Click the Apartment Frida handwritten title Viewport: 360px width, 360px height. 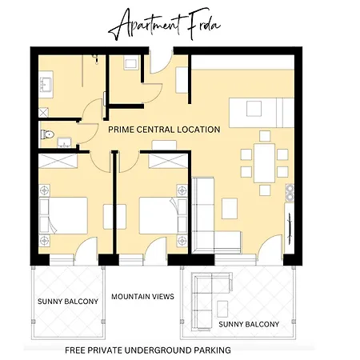pyautogui.click(x=164, y=25)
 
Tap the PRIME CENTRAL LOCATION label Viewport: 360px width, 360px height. pyautogui.click(x=164, y=130)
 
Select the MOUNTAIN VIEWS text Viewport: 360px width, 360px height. pyautogui.click(x=142, y=297)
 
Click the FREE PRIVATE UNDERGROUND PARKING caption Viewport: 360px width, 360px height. pyautogui.click(x=148, y=350)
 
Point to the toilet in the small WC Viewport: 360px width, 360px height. pyautogui.click(x=47, y=134)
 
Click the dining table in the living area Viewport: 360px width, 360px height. pyautogui.click(x=264, y=163)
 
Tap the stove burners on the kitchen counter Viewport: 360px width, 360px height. pyautogui.click(x=290, y=193)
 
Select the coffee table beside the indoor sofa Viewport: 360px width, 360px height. pyautogui.click(x=230, y=209)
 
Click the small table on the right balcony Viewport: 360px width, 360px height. pyautogui.click(x=222, y=309)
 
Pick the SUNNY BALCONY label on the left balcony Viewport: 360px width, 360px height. pyautogui.click(x=68, y=302)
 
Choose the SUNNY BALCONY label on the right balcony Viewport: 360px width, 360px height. pyautogui.click(x=249, y=324)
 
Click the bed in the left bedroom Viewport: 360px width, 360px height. pyautogui.click(x=63, y=215)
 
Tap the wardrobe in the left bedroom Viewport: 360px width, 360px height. pyautogui.click(x=58, y=161)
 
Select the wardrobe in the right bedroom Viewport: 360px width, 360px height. pyautogui.click(x=168, y=161)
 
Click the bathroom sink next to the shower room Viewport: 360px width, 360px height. pyautogui.click(x=46, y=84)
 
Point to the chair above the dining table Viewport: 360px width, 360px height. pyautogui.click(x=265, y=136)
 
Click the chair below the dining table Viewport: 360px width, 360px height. pyautogui.click(x=265, y=190)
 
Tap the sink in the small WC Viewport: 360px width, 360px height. pyautogui.click(x=64, y=142)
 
